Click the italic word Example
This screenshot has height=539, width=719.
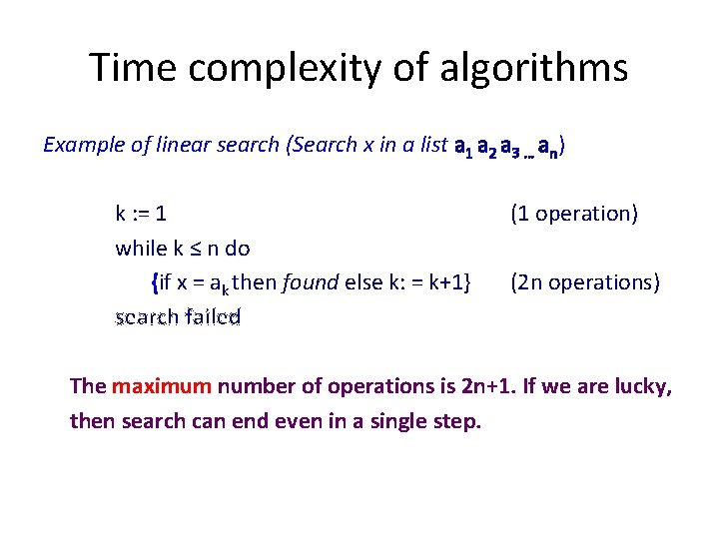click(84, 146)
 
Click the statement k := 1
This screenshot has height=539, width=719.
click(142, 214)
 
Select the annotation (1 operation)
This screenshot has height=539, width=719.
click(574, 214)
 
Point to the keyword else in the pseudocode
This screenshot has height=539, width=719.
click(362, 282)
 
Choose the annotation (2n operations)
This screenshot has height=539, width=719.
click(585, 282)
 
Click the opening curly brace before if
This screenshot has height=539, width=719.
click(154, 282)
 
